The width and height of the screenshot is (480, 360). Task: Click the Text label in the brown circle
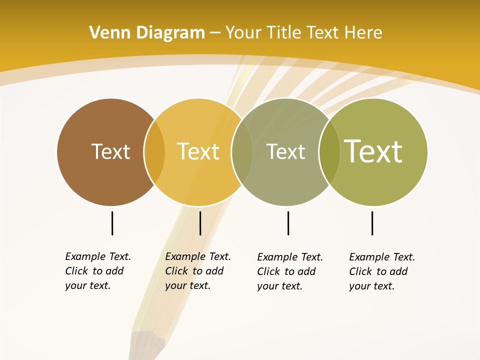pos(110,151)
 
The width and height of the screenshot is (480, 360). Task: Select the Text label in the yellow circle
pos(198,151)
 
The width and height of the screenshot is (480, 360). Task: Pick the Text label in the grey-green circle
pos(285,152)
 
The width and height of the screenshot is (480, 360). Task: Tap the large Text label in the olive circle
pos(373,151)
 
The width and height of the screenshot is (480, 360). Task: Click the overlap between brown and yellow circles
pos(154,152)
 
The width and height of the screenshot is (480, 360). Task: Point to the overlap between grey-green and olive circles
pos(329,152)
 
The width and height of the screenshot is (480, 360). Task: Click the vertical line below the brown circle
pos(112,223)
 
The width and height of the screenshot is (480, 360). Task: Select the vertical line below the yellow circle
pos(200,223)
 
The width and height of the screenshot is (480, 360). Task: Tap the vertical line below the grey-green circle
pos(288,223)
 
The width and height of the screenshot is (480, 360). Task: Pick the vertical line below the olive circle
pos(372,223)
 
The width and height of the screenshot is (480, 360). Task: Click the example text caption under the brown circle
pos(97,271)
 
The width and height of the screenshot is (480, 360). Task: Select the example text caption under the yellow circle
pos(197,271)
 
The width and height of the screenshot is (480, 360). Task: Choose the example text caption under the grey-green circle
pos(289,271)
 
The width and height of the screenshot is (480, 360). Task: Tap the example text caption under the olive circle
pos(381,271)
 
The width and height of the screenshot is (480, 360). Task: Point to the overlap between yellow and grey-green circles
pos(241,152)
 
